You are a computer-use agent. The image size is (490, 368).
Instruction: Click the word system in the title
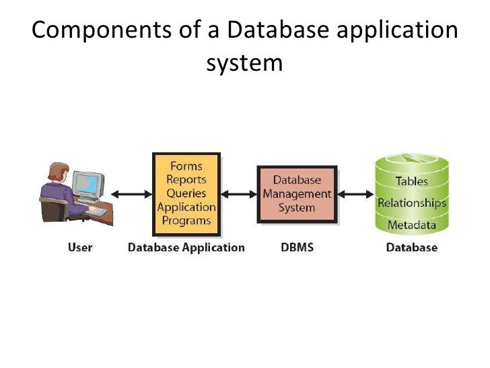pos(244,63)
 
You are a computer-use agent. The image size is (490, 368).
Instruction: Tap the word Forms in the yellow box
pos(186,165)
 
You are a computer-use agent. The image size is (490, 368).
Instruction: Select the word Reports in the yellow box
pos(186,179)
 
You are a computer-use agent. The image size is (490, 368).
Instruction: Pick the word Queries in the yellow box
pos(186,193)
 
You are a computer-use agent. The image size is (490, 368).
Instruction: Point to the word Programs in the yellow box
pos(186,220)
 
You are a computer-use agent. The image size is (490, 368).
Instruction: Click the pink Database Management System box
pos(297,194)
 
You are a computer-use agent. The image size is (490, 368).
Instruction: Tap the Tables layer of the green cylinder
pos(411,181)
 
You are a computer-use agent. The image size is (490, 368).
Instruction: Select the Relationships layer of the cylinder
pos(411,202)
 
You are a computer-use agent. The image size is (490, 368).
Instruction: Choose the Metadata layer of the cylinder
pos(411,224)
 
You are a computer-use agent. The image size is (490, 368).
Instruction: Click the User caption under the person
pos(80,247)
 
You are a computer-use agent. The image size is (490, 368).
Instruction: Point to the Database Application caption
pos(186,247)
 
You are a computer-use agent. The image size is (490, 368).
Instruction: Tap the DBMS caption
pos(297,247)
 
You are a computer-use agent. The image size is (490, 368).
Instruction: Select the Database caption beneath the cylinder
pos(411,247)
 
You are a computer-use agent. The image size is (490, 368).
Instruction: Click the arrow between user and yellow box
pos(131,195)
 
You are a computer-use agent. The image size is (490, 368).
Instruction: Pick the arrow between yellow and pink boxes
pos(238,195)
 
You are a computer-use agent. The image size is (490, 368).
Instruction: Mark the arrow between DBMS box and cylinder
pos(355,195)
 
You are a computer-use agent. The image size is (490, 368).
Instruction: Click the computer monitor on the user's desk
pos(88,183)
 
